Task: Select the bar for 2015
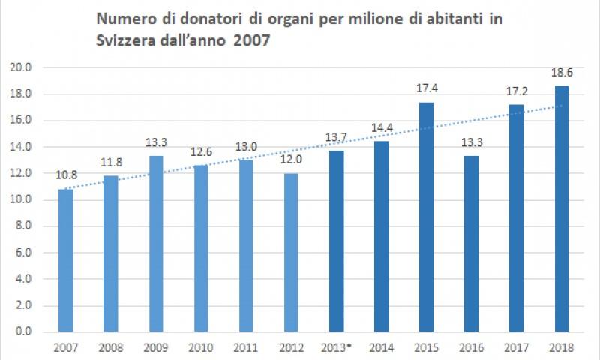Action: (427, 217)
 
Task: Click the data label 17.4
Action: (426, 88)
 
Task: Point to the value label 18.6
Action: (562, 73)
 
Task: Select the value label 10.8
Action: (66, 175)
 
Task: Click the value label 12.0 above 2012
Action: (291, 160)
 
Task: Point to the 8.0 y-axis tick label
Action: (22, 226)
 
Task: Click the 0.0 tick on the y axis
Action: (22, 331)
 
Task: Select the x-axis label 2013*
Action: (337, 347)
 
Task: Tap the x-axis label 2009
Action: (156, 347)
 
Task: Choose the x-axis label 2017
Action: (517, 347)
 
